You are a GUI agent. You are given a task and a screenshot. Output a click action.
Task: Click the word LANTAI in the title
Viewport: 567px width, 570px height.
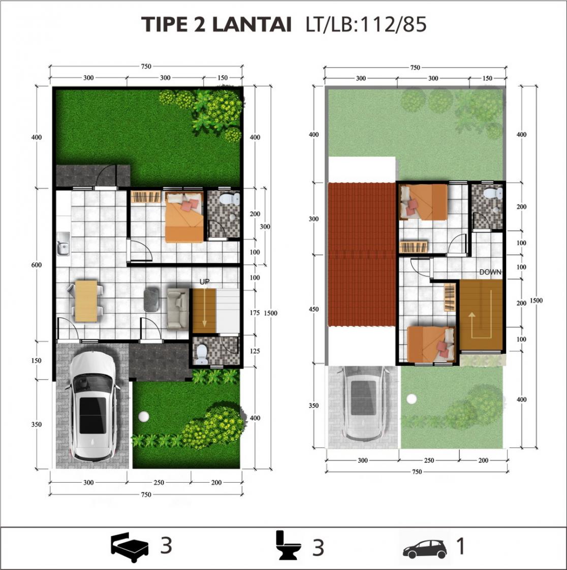click(x=251, y=24)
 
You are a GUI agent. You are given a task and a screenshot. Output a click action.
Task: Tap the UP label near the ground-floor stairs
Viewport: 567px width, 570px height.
click(x=205, y=282)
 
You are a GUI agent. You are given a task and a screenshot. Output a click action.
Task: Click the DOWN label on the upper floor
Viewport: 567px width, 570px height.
click(x=490, y=272)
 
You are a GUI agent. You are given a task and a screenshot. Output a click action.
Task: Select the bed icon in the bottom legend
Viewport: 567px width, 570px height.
click(x=130, y=547)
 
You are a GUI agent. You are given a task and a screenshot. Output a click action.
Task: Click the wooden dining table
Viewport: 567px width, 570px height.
click(x=86, y=301)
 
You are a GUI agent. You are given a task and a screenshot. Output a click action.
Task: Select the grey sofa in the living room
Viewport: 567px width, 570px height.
click(x=178, y=308)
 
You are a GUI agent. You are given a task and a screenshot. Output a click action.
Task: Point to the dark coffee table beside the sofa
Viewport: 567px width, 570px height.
click(x=151, y=300)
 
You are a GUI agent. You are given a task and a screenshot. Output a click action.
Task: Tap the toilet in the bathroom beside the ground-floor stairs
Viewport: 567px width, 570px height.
click(x=202, y=354)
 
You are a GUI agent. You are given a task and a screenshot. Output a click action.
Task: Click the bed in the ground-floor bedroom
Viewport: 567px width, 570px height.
click(x=184, y=217)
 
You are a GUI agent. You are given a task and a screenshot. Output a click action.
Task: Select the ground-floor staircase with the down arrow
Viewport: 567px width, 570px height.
click(x=204, y=311)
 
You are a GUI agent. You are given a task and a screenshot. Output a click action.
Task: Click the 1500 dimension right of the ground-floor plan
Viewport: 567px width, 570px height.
click(x=270, y=313)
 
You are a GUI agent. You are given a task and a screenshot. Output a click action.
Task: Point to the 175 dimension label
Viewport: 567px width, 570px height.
click(x=255, y=313)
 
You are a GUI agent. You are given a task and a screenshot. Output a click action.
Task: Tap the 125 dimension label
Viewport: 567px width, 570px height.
click(x=255, y=351)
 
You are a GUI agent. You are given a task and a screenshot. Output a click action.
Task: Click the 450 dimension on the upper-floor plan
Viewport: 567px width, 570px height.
click(x=313, y=309)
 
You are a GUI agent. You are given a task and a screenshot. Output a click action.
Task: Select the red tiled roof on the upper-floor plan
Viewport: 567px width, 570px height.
click(x=362, y=255)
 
